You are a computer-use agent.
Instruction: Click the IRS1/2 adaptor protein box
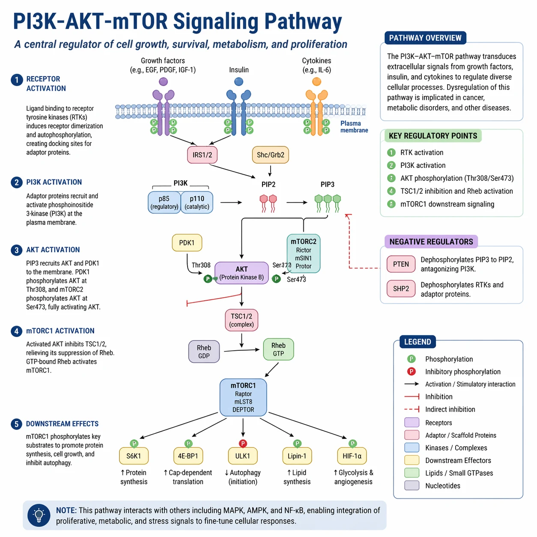click(202, 155)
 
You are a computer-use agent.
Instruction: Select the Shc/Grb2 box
click(270, 155)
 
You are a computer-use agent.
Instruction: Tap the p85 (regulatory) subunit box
click(164, 203)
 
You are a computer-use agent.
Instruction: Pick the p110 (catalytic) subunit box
click(197, 203)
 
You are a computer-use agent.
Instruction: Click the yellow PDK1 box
click(187, 243)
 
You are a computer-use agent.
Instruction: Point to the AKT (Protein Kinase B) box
click(242, 273)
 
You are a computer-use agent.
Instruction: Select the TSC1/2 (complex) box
click(242, 320)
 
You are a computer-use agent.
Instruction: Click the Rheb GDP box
click(204, 352)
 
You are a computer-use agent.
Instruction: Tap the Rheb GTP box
click(278, 349)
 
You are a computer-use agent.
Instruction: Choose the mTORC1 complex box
click(243, 397)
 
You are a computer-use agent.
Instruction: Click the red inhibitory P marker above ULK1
click(243, 444)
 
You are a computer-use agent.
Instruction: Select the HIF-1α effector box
click(352, 456)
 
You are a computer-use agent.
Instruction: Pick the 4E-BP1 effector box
click(188, 456)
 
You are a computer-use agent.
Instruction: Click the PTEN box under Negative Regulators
click(401, 264)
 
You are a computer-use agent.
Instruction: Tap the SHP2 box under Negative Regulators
click(401, 289)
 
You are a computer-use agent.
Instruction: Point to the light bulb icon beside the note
click(39, 515)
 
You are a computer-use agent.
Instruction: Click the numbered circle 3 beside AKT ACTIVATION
click(16, 250)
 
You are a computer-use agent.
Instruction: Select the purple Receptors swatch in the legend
click(412, 423)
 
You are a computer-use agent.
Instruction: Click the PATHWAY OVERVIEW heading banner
click(425, 38)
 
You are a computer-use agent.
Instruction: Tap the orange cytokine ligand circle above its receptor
click(316, 81)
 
